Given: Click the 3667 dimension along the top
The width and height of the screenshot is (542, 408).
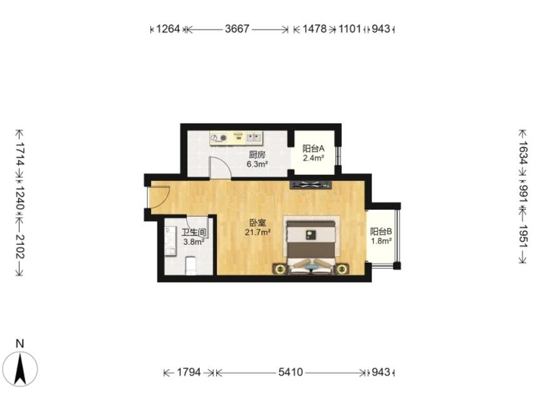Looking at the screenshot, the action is [237, 29].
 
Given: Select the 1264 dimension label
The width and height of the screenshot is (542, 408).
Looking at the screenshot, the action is [168, 29].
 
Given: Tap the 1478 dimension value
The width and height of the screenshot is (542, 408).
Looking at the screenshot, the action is [315, 29].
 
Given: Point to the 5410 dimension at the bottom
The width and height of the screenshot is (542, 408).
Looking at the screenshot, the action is [290, 372].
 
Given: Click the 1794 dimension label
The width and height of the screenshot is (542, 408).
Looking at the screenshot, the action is [189, 372].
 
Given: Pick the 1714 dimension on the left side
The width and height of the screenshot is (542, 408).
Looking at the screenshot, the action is [20, 153].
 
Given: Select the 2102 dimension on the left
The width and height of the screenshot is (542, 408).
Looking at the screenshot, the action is [20, 247].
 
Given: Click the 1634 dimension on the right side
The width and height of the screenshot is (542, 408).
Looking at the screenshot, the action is [523, 153].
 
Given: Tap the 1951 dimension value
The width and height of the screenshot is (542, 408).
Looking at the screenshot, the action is [523, 236].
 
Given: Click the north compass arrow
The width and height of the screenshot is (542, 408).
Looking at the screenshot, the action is [20, 369].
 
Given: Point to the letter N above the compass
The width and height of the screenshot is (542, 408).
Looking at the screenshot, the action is [20, 344].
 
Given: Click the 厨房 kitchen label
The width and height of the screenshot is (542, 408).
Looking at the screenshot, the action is [257, 154].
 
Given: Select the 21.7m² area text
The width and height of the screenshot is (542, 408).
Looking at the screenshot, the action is [258, 232].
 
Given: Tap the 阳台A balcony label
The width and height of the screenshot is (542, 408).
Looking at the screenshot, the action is [313, 149].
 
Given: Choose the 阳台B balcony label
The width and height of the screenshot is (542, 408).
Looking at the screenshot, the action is [381, 232].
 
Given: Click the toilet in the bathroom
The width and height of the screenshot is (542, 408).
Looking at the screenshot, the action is [191, 266].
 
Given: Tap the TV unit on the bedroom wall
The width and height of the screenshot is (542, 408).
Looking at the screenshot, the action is [311, 185].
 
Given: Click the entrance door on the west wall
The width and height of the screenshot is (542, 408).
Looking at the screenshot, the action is [158, 198].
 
